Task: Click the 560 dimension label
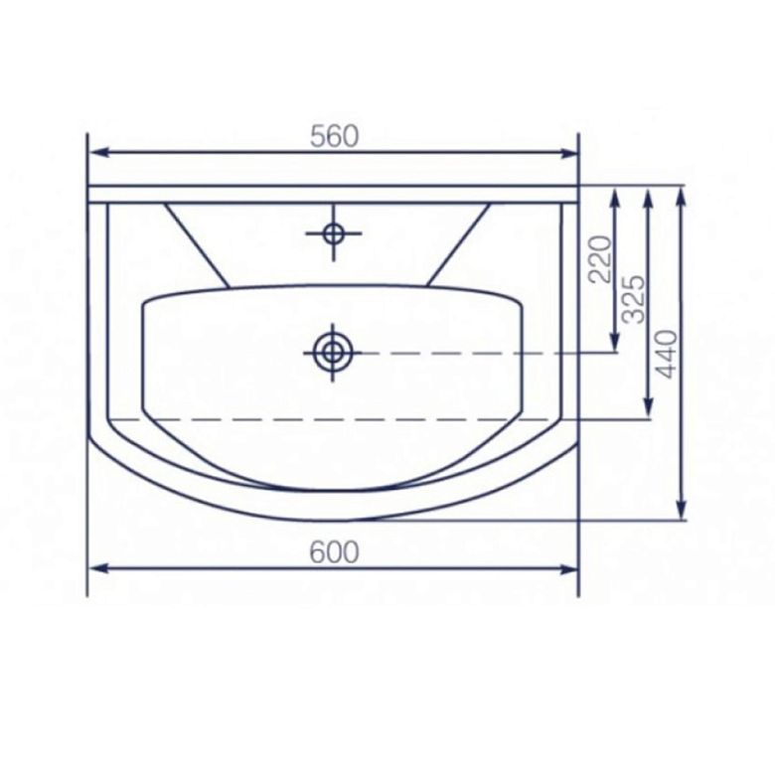[x=334, y=136]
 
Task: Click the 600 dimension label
[x=334, y=552]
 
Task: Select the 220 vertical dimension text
[x=600, y=259]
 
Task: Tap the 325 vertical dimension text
[x=634, y=299]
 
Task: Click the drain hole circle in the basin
[x=333, y=353]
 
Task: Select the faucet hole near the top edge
[x=334, y=232]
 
